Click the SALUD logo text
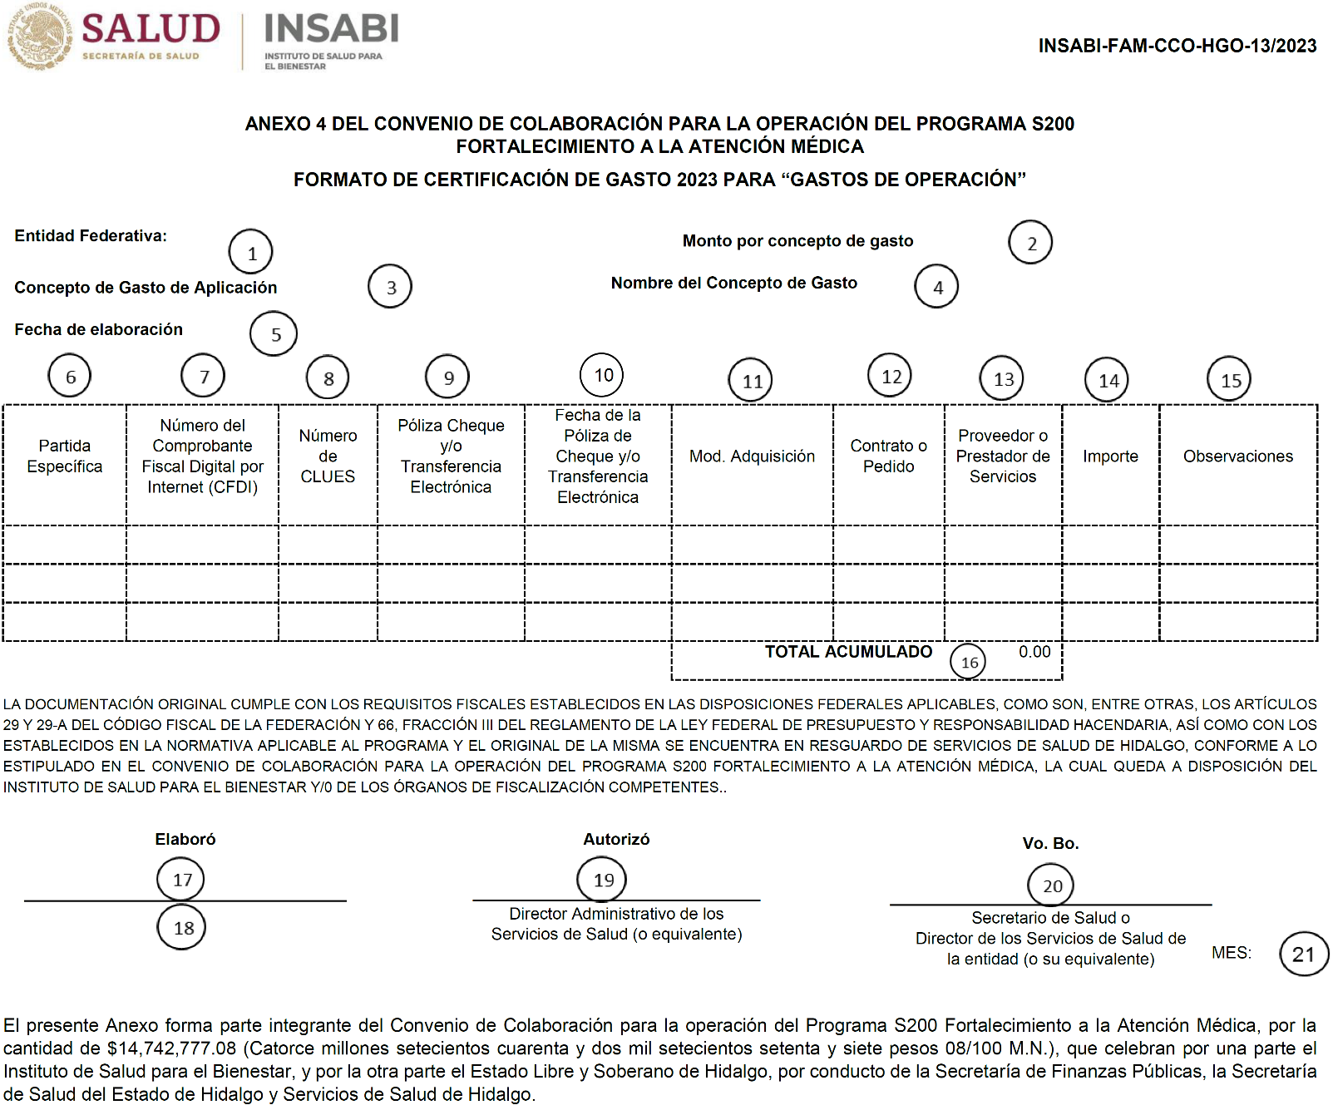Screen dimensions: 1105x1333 151,29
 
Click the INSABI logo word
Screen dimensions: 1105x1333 331,29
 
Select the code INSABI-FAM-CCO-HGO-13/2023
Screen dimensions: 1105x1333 1177,46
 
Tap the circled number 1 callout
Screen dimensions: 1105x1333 251,252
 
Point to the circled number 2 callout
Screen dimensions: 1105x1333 1030,243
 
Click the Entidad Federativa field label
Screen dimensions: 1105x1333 91,236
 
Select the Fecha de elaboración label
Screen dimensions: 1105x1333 98,330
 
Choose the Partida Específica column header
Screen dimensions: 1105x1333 65,456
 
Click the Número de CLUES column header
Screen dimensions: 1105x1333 328,456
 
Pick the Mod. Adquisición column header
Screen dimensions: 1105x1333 752,456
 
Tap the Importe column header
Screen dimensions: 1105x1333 1110,456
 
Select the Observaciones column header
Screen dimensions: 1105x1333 1237,456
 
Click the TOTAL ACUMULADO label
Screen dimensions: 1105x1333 848,652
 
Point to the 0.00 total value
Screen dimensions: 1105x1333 1034,652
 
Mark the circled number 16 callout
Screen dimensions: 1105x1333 969,662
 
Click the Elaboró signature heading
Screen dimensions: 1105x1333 185,840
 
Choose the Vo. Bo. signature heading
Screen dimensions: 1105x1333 1050,844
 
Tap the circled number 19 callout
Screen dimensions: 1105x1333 603,880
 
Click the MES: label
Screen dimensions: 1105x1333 1231,953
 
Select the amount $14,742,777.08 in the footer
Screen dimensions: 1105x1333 172,1049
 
